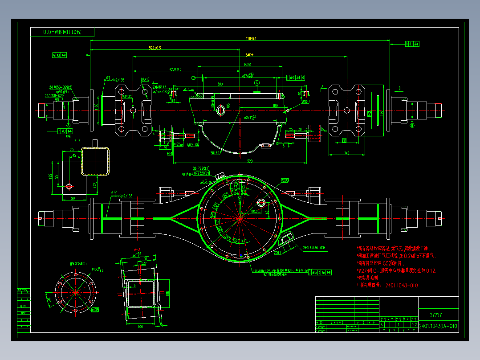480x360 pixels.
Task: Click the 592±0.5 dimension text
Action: tap(155, 48)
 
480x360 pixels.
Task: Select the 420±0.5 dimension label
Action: tap(175, 70)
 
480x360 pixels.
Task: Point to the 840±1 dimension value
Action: tap(250, 55)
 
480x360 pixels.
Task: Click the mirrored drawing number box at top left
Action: tap(62, 32)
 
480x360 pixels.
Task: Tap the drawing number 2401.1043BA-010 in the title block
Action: tap(438, 326)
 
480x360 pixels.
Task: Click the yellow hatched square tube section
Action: tap(95, 161)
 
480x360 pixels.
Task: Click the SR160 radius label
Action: tap(215, 153)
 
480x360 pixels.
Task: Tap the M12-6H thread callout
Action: tap(193, 145)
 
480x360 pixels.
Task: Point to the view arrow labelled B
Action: tap(399, 88)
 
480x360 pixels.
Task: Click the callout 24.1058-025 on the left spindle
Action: tap(54, 95)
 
